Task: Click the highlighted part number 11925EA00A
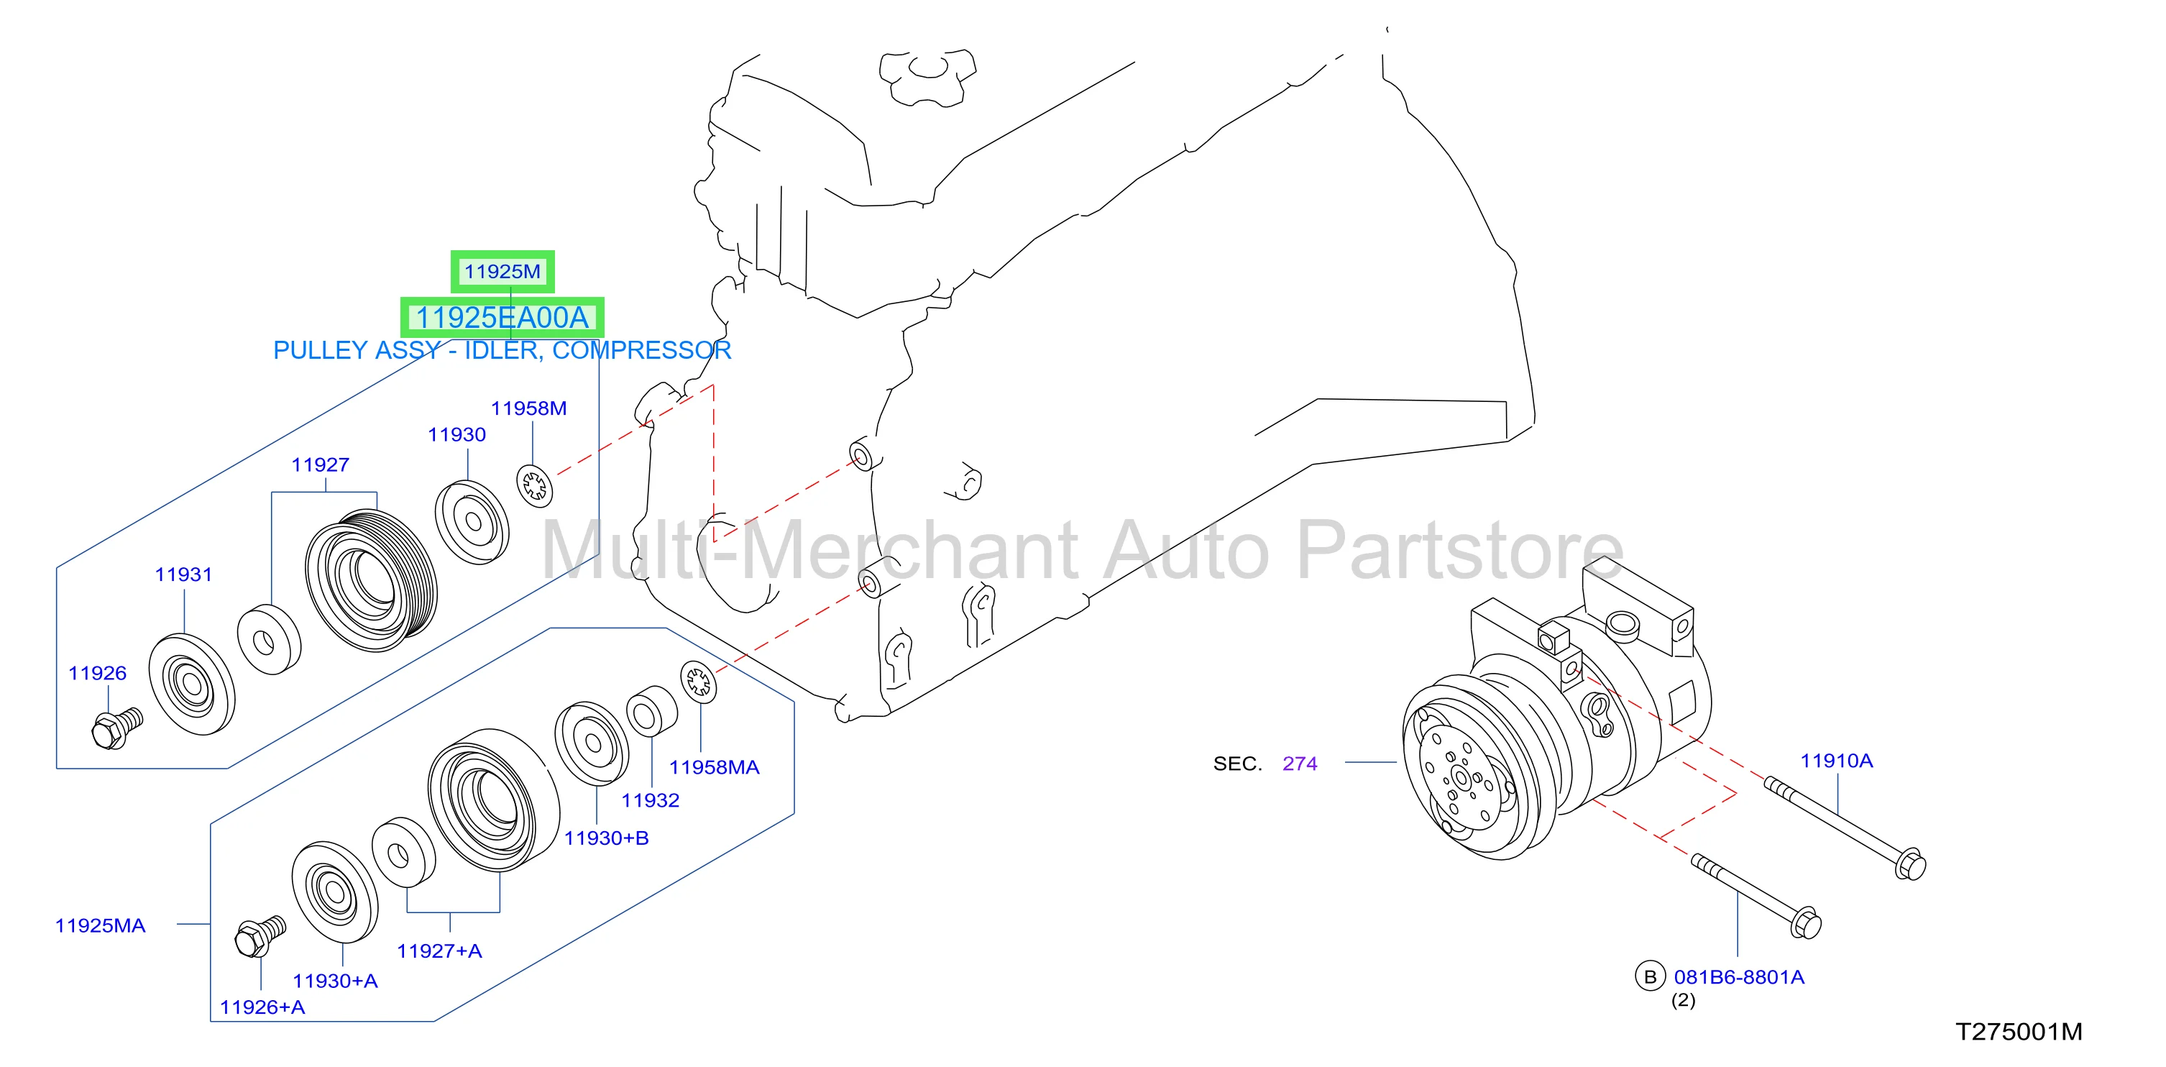(x=502, y=318)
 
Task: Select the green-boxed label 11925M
(x=502, y=272)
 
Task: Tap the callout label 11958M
(x=529, y=408)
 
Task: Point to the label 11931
(x=183, y=574)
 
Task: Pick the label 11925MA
(x=100, y=926)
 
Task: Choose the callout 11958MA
(x=714, y=767)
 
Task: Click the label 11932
(x=650, y=800)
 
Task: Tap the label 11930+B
(x=606, y=838)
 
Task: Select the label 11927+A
(x=439, y=951)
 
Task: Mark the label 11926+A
(x=262, y=1007)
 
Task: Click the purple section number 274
(x=1300, y=764)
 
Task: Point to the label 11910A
(x=1836, y=761)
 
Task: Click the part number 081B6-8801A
(x=1739, y=977)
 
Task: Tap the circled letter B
(x=1650, y=976)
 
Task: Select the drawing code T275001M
(x=2019, y=1032)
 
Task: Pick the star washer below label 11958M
(x=535, y=486)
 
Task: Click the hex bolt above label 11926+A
(x=261, y=936)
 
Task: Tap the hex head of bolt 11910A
(x=1910, y=865)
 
